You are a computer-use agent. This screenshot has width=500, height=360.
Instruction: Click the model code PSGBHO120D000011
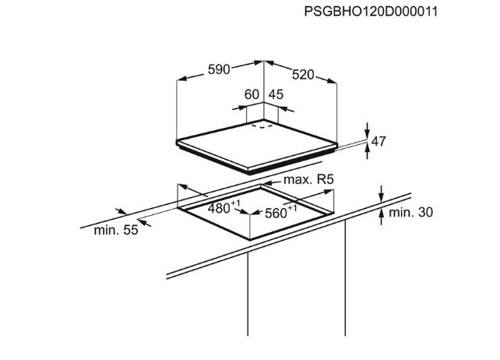click(371, 12)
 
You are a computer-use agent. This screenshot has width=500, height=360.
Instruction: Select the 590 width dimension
click(219, 69)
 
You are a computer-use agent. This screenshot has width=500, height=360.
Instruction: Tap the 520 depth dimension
click(303, 75)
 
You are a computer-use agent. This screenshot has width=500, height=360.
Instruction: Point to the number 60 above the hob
click(252, 94)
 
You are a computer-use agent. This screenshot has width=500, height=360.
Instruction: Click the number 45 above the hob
click(276, 94)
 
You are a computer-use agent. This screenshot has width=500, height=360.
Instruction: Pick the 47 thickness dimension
click(379, 141)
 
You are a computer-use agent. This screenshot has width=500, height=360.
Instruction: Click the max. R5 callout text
click(308, 180)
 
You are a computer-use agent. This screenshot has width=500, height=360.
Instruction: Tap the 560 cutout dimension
click(281, 212)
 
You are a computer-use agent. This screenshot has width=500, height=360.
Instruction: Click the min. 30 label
click(410, 212)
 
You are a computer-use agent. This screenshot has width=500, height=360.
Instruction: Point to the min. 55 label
click(116, 230)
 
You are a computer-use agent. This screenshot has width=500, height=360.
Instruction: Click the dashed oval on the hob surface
click(262, 126)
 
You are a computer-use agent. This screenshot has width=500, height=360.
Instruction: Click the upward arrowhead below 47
click(368, 147)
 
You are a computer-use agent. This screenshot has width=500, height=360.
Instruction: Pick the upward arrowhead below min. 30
click(382, 214)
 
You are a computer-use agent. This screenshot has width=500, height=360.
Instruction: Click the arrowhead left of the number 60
click(242, 108)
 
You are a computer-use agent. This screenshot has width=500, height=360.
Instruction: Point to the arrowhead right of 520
click(332, 81)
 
